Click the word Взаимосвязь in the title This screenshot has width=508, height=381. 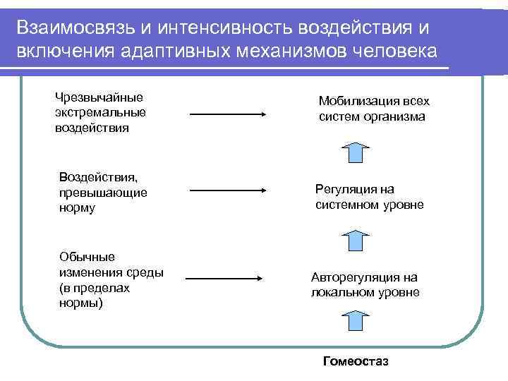pyautogui.click(x=72, y=28)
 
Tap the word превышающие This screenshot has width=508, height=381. pyautogui.click(x=103, y=193)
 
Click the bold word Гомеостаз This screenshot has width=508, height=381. pyautogui.click(x=355, y=362)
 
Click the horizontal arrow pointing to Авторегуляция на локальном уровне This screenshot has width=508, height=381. pyautogui.click(x=224, y=278)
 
